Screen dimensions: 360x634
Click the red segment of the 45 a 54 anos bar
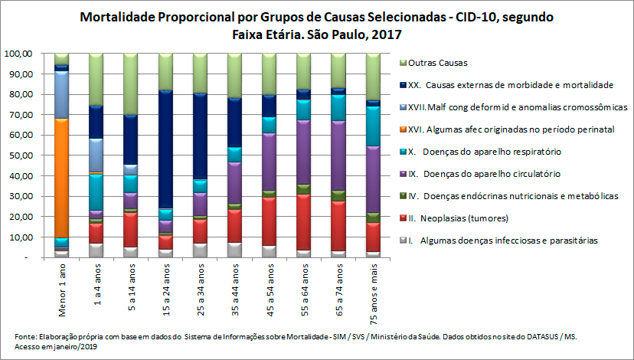click(270, 221)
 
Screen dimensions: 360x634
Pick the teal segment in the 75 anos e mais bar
click(373, 126)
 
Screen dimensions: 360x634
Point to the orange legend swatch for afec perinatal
click(402, 129)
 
